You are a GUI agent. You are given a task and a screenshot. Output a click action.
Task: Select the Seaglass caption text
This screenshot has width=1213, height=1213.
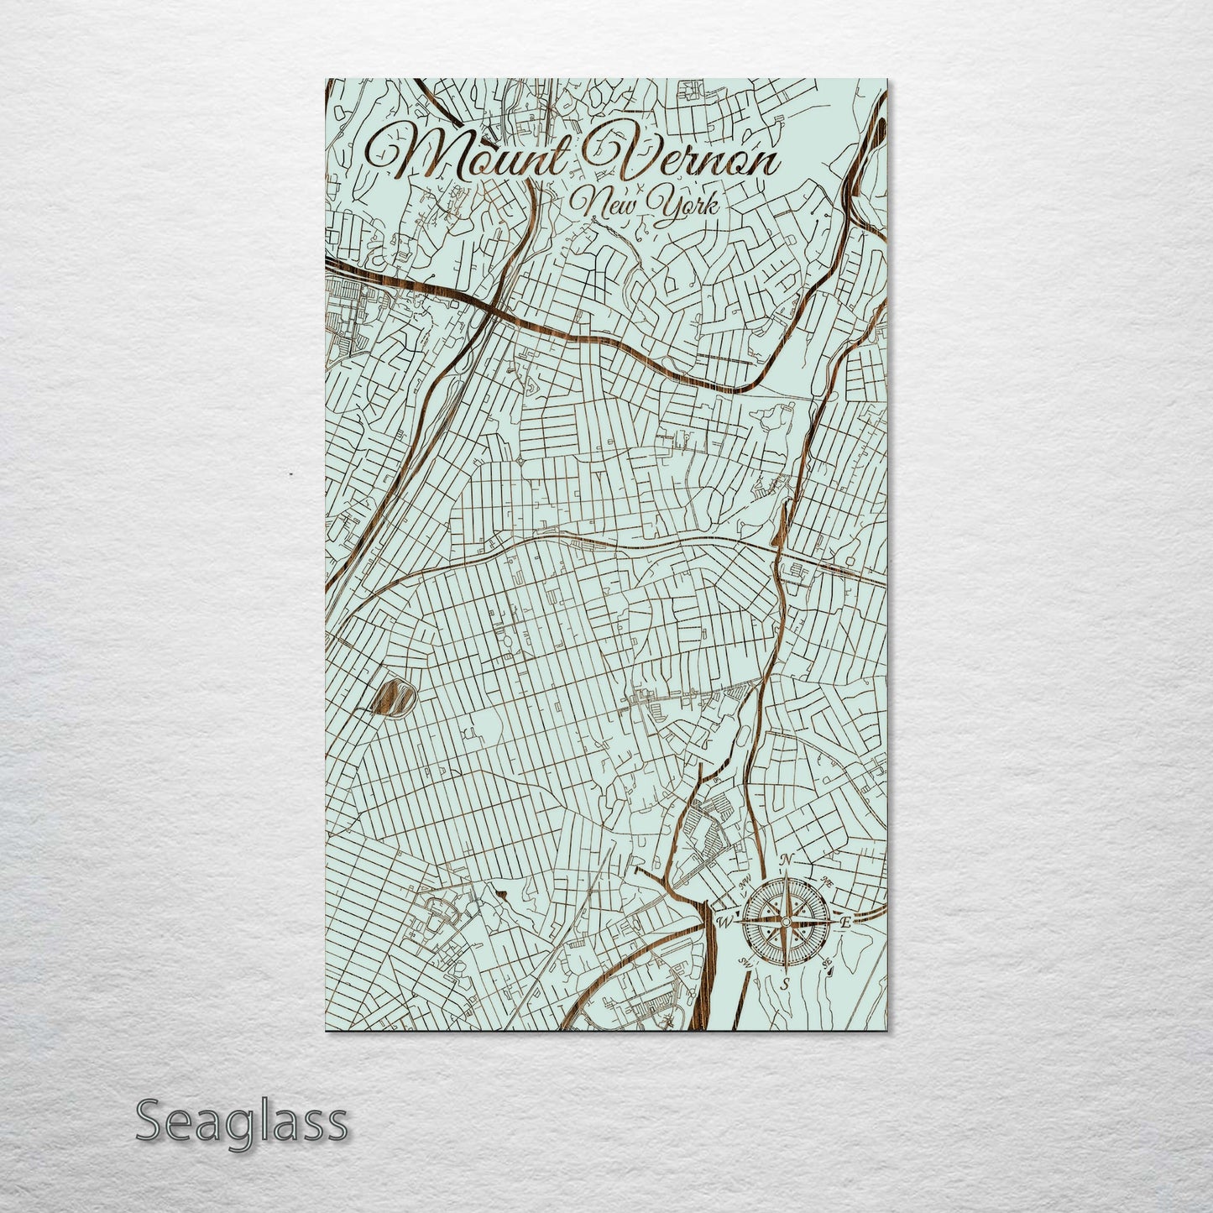click(x=241, y=1122)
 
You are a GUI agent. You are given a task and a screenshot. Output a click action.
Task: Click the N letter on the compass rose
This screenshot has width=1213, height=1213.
click(x=787, y=860)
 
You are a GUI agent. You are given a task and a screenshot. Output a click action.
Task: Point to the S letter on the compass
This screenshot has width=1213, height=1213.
click(x=784, y=983)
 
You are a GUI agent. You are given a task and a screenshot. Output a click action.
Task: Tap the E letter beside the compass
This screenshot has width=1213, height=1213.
click(x=846, y=923)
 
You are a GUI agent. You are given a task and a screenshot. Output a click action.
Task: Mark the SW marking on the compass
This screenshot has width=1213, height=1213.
click(x=743, y=962)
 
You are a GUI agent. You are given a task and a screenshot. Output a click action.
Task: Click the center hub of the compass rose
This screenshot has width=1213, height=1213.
click(x=785, y=921)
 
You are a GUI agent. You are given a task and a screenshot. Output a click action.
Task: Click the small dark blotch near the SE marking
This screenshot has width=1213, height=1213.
click(x=829, y=972)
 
